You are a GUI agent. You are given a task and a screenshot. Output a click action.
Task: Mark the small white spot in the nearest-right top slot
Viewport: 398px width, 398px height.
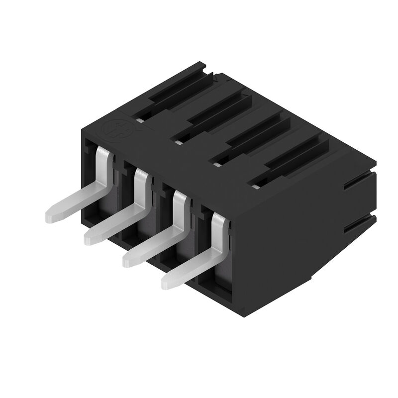(x=256, y=186)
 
